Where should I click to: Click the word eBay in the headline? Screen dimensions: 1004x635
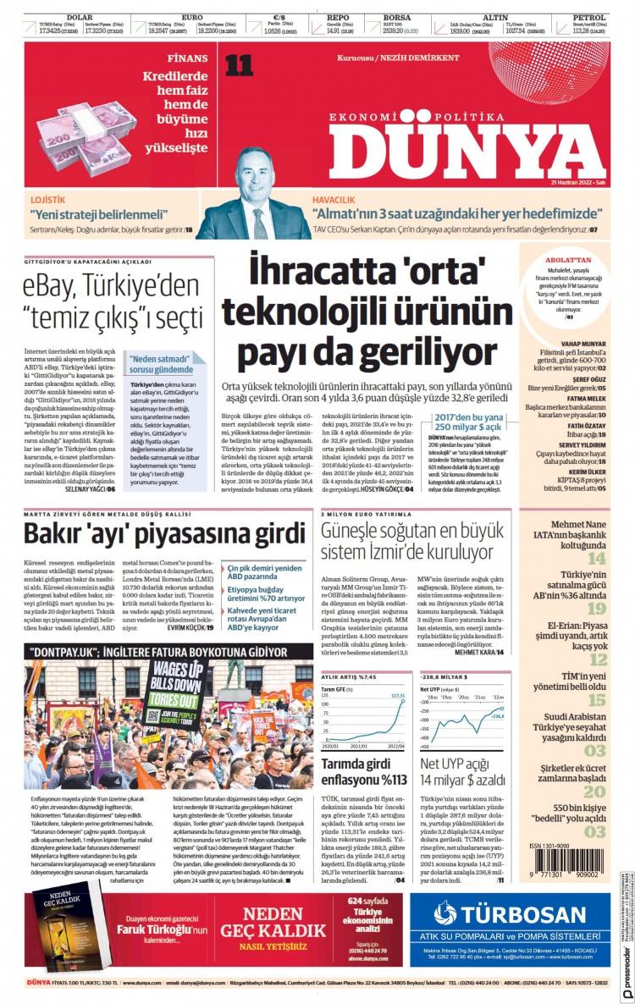pyautogui.click(x=52, y=285)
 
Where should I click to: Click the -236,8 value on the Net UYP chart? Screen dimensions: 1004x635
pyautogui.click(x=495, y=716)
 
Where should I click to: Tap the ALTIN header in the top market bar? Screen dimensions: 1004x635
pyautogui.click(x=495, y=17)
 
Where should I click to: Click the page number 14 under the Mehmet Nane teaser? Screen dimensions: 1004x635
pyautogui.click(x=597, y=559)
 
